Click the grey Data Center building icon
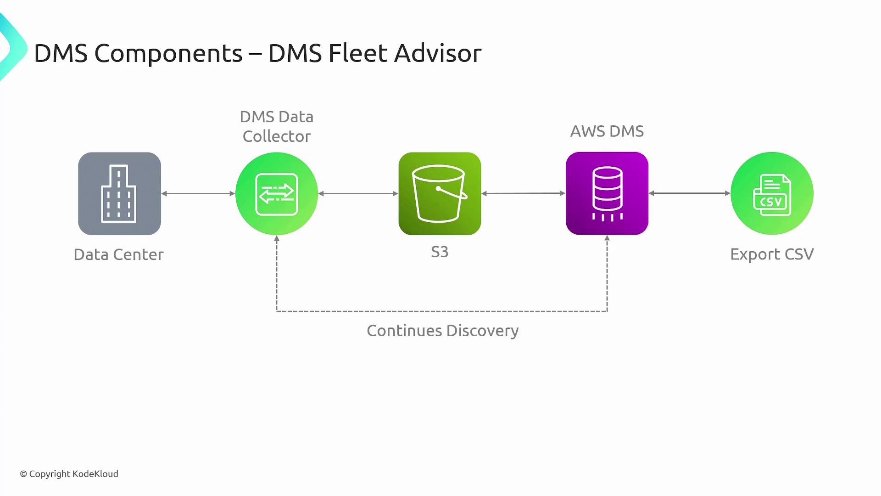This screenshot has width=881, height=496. [x=119, y=193]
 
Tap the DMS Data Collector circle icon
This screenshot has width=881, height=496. [x=277, y=193]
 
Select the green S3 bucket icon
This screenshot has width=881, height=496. [x=440, y=193]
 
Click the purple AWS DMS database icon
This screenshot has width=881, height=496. [x=607, y=193]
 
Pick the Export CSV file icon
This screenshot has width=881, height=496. [x=772, y=193]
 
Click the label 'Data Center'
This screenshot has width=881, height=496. [x=118, y=254]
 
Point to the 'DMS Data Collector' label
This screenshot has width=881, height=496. [x=277, y=126]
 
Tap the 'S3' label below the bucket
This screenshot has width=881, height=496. [x=440, y=252]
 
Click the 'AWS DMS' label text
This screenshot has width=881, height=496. [x=607, y=131]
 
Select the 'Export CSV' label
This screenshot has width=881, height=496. [x=772, y=254]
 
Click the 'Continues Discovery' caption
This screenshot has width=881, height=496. [x=442, y=331]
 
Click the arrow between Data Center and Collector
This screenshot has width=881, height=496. [x=198, y=193]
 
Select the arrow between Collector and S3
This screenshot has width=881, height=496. [x=358, y=193]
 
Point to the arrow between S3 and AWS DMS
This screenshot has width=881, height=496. [x=523, y=193]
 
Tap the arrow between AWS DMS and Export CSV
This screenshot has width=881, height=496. [x=689, y=193]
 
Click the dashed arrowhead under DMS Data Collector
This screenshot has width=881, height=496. [x=277, y=239]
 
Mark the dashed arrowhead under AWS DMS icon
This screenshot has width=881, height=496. [x=607, y=239]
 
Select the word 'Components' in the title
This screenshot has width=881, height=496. [x=168, y=54]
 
